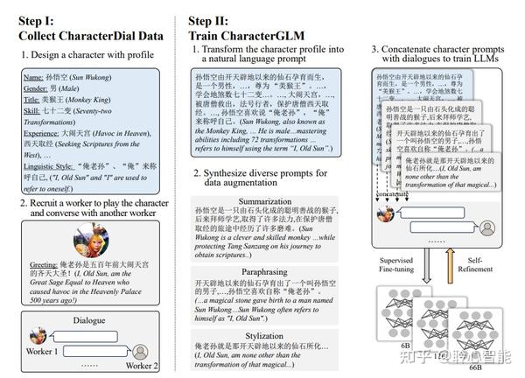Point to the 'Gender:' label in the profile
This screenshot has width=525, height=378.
click(x=37, y=91)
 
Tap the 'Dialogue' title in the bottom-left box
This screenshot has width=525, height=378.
click(x=90, y=320)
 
